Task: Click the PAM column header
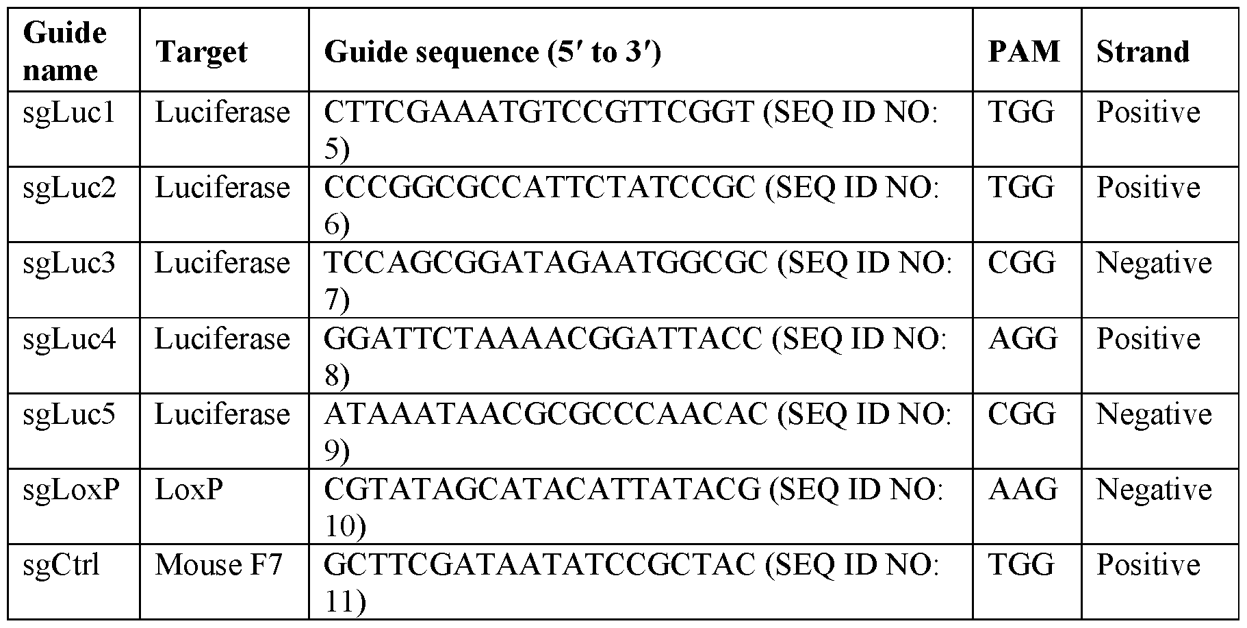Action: [1024, 52]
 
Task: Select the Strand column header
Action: [1143, 52]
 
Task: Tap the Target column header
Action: [201, 52]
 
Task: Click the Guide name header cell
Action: [65, 51]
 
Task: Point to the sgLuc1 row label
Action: [69, 112]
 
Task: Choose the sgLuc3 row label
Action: [69, 264]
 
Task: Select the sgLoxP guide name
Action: [71, 490]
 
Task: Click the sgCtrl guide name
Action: [62, 565]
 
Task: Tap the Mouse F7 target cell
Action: [218, 565]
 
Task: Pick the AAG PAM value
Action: [1023, 490]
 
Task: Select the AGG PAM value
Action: [1023, 339]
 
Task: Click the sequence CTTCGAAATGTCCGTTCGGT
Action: [538, 112]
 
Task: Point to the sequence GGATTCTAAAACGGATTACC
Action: [542, 339]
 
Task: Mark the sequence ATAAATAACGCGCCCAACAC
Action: [545, 414]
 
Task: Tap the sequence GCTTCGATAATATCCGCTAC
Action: [539, 565]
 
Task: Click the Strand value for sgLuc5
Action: [1154, 414]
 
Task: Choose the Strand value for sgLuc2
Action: [1148, 188]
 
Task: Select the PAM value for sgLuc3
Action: [1022, 264]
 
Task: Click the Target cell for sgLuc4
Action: [222, 339]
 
